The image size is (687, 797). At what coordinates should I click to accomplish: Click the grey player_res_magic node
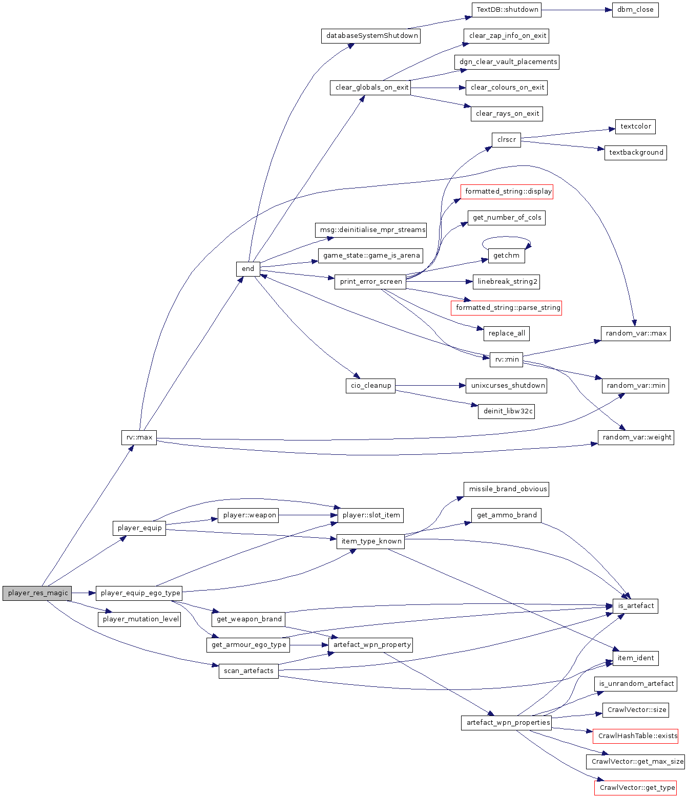[37, 593]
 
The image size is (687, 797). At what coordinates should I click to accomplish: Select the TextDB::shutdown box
[507, 10]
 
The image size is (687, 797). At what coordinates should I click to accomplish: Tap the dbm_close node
[635, 10]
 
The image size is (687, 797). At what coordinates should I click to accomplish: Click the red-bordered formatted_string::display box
[508, 192]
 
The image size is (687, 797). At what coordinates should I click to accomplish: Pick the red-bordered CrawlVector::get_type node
[637, 788]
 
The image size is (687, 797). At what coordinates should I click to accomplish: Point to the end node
[248, 269]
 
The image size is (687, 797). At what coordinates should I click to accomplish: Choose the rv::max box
[139, 437]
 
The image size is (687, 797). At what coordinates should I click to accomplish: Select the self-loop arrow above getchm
[506, 237]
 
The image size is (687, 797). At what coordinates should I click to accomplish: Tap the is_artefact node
[636, 606]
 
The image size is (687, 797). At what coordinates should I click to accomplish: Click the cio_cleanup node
[371, 386]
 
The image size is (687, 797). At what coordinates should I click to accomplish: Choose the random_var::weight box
[636, 437]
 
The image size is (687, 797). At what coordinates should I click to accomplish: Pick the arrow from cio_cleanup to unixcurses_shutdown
[430, 386]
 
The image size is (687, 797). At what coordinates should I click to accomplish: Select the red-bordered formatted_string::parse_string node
[507, 308]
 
